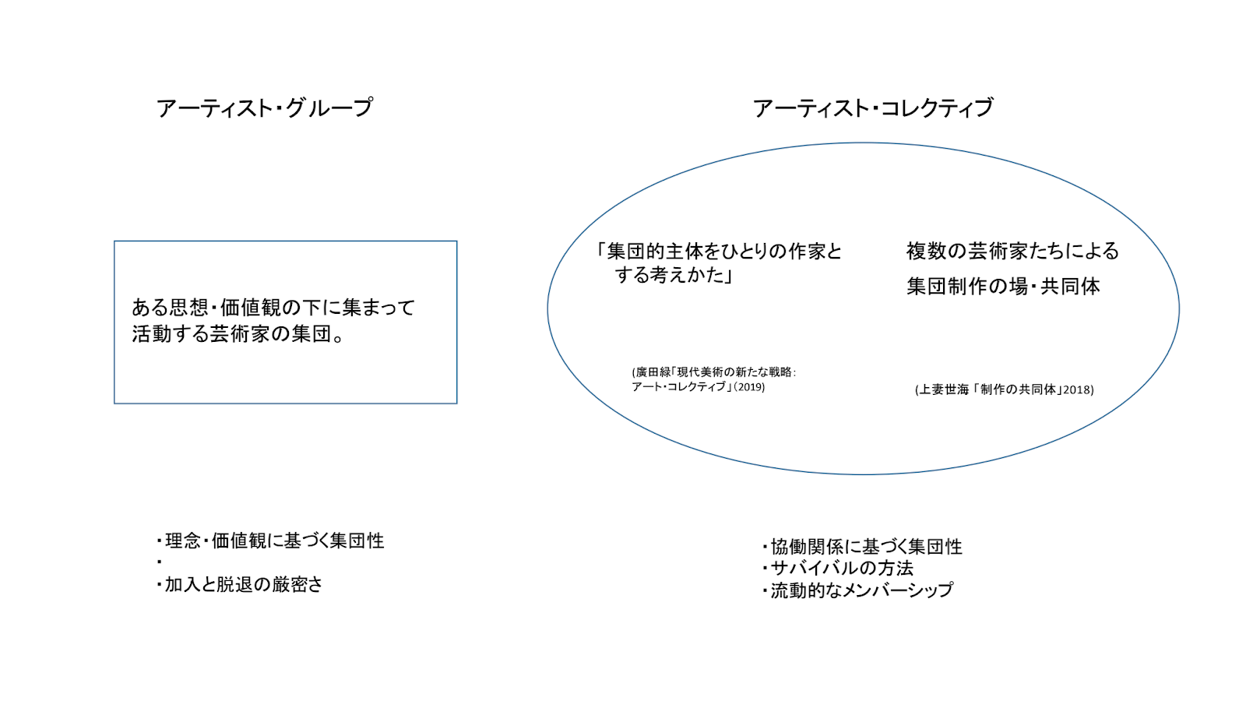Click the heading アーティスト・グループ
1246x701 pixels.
(x=265, y=107)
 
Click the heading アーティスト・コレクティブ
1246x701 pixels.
(x=873, y=107)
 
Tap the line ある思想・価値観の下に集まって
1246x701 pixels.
(x=273, y=308)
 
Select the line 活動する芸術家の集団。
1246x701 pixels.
(x=238, y=334)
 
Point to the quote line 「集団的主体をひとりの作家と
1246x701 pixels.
(x=718, y=252)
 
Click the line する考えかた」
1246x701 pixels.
(x=674, y=275)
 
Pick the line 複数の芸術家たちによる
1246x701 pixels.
(x=1012, y=251)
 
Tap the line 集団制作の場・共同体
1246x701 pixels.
(x=1003, y=287)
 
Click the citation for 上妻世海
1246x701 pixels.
(x=1004, y=389)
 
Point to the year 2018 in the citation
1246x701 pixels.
(x=1078, y=389)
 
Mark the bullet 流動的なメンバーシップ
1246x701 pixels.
(x=858, y=590)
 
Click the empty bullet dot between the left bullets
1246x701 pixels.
(x=159, y=562)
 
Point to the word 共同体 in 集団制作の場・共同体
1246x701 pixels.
(x=1070, y=287)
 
